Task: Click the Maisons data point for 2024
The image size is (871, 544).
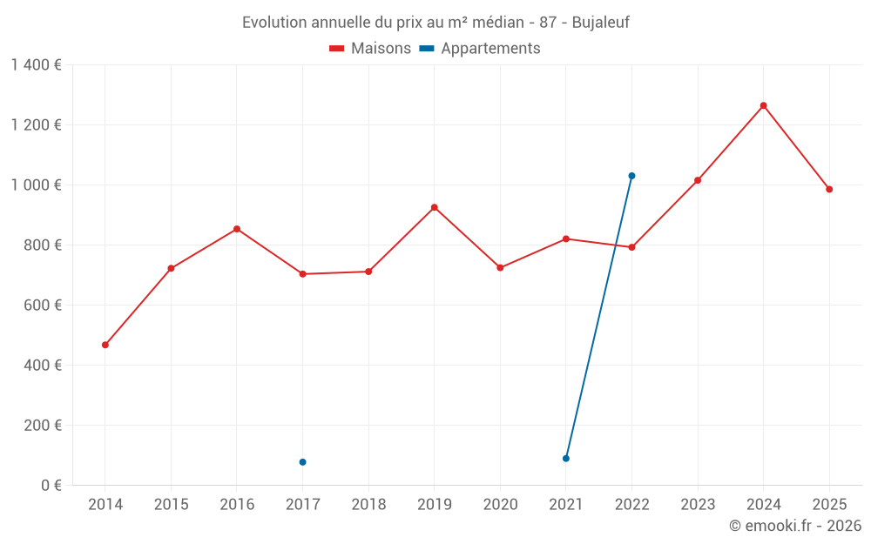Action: tap(763, 105)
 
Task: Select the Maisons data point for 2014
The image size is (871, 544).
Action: tap(105, 345)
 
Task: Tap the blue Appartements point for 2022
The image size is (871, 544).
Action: tap(631, 176)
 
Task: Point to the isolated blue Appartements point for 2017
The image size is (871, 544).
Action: tap(302, 462)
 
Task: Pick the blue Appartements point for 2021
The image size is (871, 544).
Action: tap(566, 458)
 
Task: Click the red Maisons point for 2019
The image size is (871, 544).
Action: tap(434, 207)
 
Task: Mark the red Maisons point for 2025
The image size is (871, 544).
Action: tap(829, 189)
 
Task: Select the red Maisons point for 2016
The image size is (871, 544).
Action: tap(237, 229)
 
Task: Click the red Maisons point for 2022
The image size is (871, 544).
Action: tap(631, 247)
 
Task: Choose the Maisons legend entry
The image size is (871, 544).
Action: tap(370, 49)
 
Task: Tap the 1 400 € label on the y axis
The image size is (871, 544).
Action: tap(36, 64)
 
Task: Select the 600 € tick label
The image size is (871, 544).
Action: tap(41, 305)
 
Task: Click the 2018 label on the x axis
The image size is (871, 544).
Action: tap(368, 504)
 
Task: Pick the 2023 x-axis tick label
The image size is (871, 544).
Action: tap(698, 504)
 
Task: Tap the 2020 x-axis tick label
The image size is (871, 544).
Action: tap(500, 504)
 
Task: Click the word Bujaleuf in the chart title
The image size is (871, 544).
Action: tap(600, 22)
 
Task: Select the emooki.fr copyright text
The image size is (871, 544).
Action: tap(795, 526)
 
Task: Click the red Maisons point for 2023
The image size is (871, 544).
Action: tap(698, 180)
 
